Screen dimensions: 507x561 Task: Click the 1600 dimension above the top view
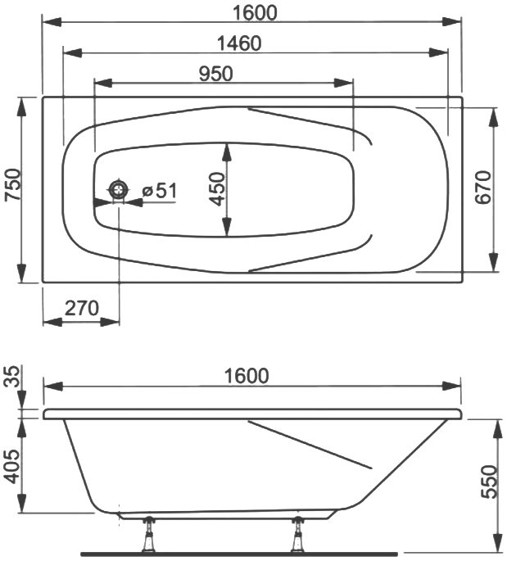click(255, 13)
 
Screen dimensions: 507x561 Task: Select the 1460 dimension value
click(239, 43)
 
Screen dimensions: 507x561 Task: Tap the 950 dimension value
click(215, 74)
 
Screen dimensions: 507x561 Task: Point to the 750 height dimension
click(14, 184)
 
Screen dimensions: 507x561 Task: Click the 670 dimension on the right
click(483, 187)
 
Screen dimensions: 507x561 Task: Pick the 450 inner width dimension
click(217, 189)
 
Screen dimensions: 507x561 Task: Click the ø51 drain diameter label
click(159, 191)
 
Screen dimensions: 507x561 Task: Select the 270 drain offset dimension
click(82, 308)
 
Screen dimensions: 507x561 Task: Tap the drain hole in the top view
click(119, 189)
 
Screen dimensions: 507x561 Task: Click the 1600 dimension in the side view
click(247, 376)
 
